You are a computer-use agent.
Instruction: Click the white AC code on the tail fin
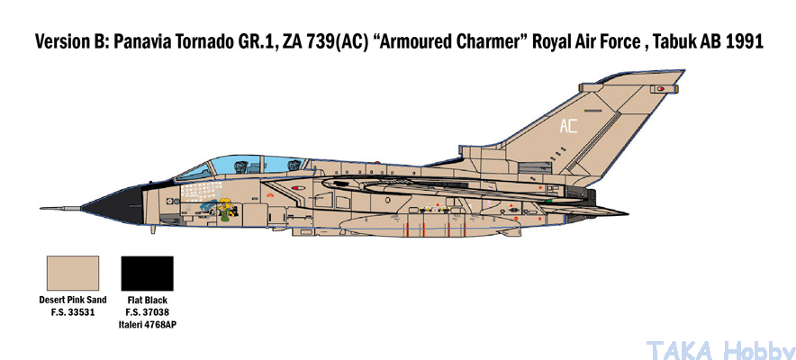(x=568, y=126)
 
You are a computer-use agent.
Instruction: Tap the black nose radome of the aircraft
(x=113, y=204)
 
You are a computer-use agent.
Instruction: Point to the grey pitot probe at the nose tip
(x=60, y=208)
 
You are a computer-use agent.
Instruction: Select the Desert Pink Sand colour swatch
(x=73, y=274)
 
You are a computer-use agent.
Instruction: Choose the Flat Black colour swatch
(x=147, y=274)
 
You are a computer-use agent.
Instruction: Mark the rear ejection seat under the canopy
(x=293, y=165)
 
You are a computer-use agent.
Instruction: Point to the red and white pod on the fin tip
(x=660, y=89)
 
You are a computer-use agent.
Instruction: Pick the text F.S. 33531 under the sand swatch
(x=73, y=311)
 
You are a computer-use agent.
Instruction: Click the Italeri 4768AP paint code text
(x=147, y=324)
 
